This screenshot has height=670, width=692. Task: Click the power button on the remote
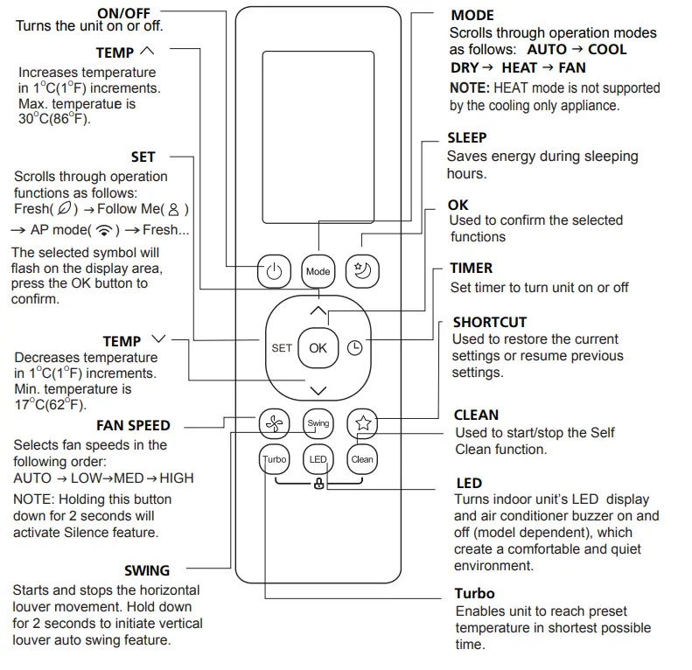coord(274,271)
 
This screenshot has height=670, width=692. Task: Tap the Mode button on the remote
coord(318,271)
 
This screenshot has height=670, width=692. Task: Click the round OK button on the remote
coord(318,347)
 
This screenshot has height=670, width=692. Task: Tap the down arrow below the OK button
coord(318,389)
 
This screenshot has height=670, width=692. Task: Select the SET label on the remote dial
coord(282,347)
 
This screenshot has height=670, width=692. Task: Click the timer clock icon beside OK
coord(354,347)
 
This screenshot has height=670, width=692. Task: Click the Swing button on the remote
coord(318,423)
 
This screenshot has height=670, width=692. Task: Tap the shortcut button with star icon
coord(362,423)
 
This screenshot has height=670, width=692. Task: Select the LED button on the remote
coord(318,459)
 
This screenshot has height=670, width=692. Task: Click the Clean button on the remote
coord(362,459)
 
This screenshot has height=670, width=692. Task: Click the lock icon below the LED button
coord(318,484)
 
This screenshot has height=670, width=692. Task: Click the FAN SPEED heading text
coord(133,426)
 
